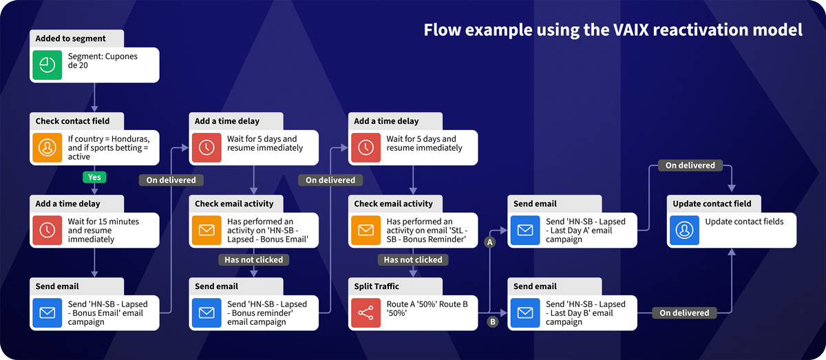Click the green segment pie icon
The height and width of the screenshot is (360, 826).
(47, 65)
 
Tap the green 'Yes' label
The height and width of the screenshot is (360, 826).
(94, 177)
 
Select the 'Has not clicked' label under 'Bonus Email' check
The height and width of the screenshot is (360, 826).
(254, 260)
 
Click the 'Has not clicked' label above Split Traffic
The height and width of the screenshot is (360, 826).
(413, 260)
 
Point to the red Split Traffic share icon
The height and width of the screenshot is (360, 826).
(365, 313)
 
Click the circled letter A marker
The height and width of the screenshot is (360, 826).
(490, 242)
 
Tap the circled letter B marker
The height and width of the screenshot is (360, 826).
(492, 321)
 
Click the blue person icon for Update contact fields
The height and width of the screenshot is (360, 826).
(684, 230)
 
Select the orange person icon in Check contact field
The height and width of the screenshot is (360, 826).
(47, 148)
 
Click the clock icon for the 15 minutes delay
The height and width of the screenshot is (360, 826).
(47, 231)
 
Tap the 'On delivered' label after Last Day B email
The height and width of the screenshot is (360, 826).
(684, 313)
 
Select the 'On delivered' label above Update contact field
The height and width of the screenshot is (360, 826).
(690, 165)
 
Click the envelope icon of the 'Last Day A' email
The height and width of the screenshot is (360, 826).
(525, 230)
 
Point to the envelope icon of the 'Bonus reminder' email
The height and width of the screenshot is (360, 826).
(206, 313)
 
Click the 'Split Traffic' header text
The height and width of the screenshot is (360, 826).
(377, 286)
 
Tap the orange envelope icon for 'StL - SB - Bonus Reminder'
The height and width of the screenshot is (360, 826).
(365, 230)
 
